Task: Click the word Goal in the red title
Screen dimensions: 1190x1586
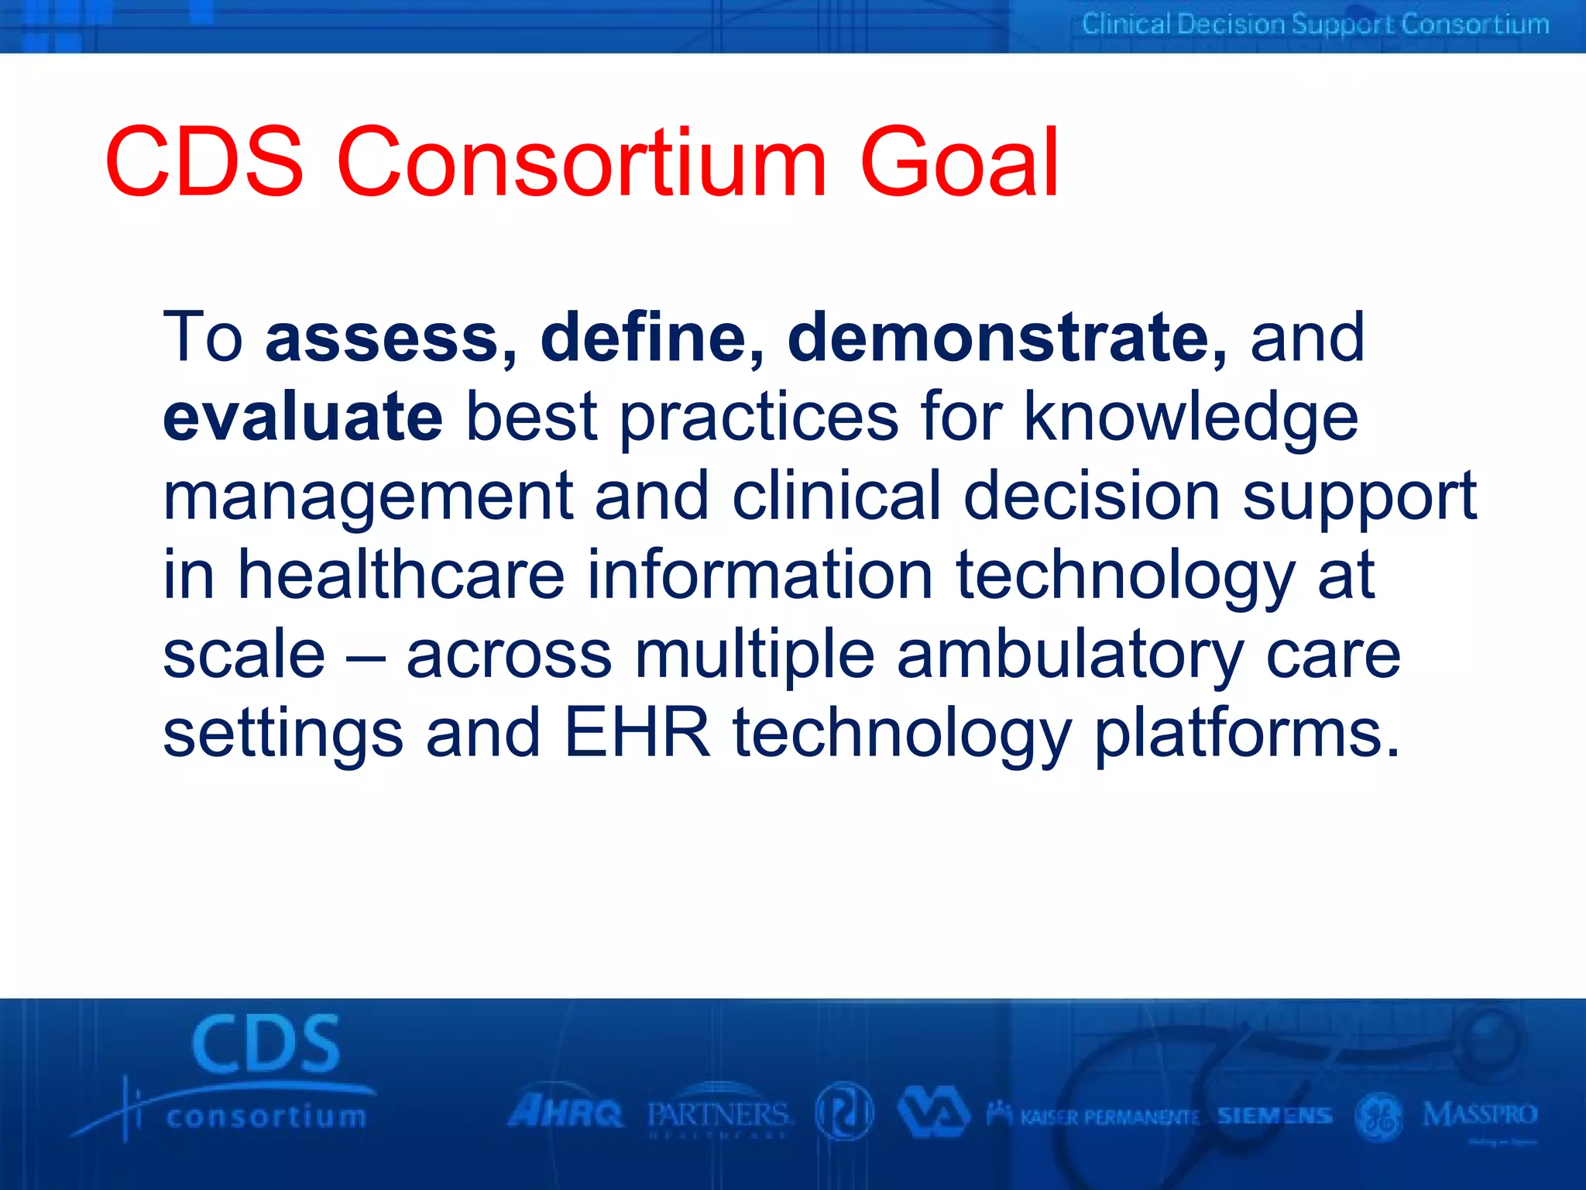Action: tap(959, 163)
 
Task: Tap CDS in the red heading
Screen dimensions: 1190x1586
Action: tap(204, 163)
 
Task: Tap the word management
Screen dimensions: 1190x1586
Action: tap(367, 497)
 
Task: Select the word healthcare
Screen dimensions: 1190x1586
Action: tap(400, 575)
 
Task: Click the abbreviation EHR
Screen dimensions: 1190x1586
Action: tap(637, 733)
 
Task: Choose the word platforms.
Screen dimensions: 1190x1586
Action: tap(1246, 734)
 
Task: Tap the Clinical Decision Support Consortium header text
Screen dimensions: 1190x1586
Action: tap(1315, 25)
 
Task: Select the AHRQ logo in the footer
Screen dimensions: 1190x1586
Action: tap(565, 1113)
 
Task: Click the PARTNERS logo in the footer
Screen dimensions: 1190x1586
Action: tap(719, 1116)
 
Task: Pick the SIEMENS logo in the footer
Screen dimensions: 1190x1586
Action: tap(1274, 1116)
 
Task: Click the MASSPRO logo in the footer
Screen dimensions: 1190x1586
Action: tap(1479, 1116)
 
